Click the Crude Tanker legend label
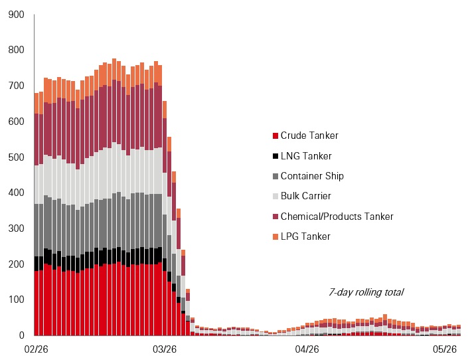click(309, 135)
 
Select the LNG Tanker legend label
click(306, 156)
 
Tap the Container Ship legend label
click(312, 176)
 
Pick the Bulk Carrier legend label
click(306, 196)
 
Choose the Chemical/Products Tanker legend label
click(337, 217)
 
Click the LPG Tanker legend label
click(305, 236)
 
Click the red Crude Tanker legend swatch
click(275, 136)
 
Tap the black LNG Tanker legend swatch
click(275, 156)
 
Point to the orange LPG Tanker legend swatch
click(275, 236)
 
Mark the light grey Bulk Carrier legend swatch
click(275, 197)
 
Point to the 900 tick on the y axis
click(17, 15)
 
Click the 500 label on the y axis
click(17, 157)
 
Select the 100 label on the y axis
click(17, 300)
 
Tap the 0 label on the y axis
click(22, 335)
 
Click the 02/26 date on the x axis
click(37, 349)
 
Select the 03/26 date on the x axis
click(165, 349)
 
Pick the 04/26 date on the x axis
click(307, 349)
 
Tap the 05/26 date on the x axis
click(445, 349)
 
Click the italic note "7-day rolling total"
click(366, 292)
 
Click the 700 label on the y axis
click(17, 86)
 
